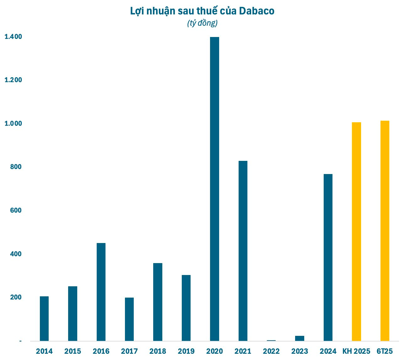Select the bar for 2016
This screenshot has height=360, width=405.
[x=101, y=292]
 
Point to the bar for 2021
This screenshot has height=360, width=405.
[x=243, y=251]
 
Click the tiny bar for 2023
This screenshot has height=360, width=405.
[x=300, y=338]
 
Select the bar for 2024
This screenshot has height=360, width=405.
[x=328, y=257]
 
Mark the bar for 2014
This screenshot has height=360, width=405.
[x=44, y=318]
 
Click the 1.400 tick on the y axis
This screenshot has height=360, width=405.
[x=13, y=37]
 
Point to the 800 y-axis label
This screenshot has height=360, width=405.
[x=16, y=167]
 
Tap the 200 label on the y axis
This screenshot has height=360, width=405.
[x=16, y=297]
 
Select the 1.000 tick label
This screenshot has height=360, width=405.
[x=13, y=124]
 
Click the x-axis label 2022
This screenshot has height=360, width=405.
[x=271, y=351]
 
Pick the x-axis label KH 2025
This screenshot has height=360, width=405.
[x=356, y=351]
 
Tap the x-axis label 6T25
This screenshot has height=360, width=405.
[x=385, y=351]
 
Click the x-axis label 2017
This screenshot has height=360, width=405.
[x=129, y=351]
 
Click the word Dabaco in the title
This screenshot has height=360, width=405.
[x=257, y=11]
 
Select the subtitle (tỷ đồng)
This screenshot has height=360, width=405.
[x=202, y=23]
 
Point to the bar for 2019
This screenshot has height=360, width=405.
[x=186, y=308]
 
